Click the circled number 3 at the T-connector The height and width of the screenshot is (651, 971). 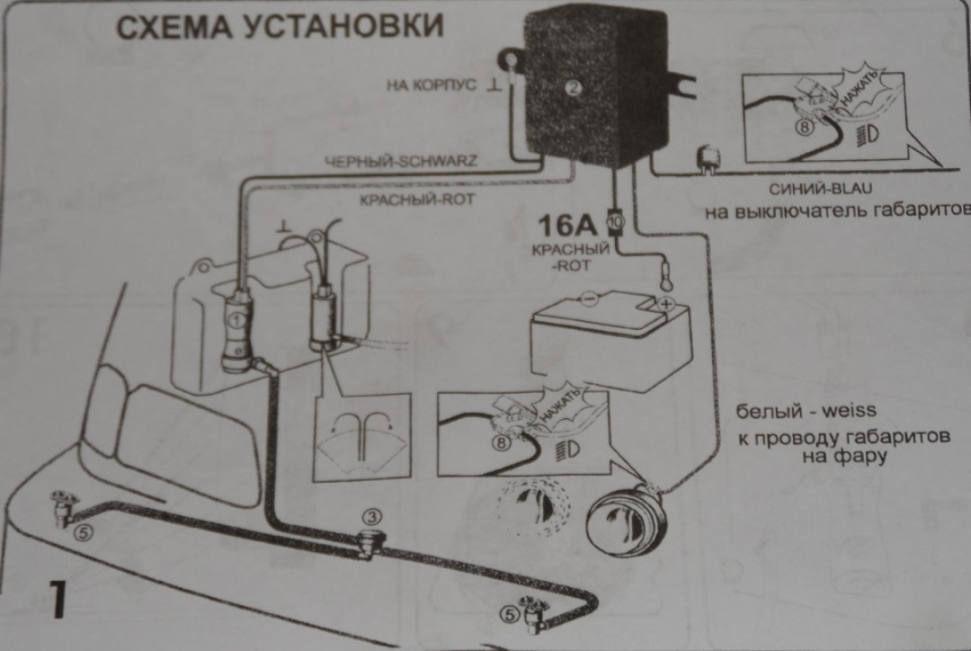(x=372, y=517)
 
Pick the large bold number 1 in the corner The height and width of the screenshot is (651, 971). (x=56, y=600)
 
